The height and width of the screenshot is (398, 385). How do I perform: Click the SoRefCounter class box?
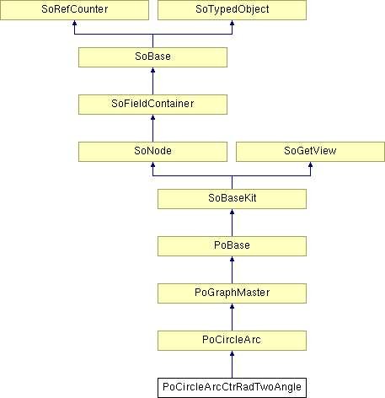(x=74, y=10)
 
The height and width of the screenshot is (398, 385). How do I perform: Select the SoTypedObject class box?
(x=232, y=10)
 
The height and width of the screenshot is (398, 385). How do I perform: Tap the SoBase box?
(x=152, y=57)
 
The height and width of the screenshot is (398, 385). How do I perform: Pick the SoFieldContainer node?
(x=152, y=105)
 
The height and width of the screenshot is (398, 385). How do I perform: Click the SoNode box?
(x=152, y=152)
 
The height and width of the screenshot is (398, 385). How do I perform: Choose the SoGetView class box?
(x=310, y=152)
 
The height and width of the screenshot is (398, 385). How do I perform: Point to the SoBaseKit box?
(x=232, y=199)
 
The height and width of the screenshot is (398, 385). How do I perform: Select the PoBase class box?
(x=232, y=246)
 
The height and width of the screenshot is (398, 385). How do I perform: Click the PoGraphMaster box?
(x=232, y=293)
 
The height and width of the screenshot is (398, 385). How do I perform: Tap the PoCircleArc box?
(x=232, y=341)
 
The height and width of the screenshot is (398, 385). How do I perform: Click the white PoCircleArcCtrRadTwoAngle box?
(x=232, y=388)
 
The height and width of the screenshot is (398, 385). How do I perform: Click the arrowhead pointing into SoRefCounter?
(x=74, y=23)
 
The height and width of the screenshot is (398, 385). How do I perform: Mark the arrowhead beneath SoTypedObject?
(x=232, y=23)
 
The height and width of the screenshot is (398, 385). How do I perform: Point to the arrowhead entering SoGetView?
(x=310, y=164)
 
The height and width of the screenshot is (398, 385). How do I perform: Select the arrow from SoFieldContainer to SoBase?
(x=152, y=81)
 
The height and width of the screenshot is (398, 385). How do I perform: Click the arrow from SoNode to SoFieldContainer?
(x=152, y=128)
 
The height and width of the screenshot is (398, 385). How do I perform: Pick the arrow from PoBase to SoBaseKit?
(x=232, y=223)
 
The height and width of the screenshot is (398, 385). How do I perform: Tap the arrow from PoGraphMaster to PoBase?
(x=232, y=270)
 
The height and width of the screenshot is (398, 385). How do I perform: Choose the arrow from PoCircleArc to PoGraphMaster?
(x=232, y=317)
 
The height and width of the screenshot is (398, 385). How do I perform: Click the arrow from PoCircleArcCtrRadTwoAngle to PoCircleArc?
(x=232, y=364)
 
